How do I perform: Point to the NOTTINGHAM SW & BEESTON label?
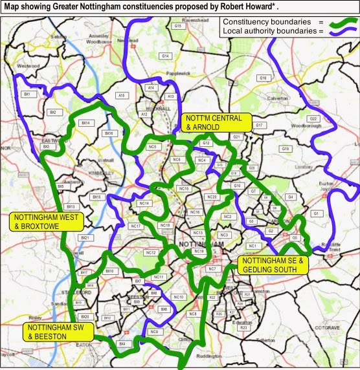(x=58, y=331)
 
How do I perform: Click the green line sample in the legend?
(x=340, y=21)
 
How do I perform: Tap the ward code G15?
(x=177, y=25)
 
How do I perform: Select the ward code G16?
(x=263, y=78)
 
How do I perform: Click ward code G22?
(x=313, y=119)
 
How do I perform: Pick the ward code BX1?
(x=28, y=94)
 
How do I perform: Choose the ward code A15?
(x=120, y=95)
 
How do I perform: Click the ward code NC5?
(x=152, y=147)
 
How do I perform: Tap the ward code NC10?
(x=179, y=297)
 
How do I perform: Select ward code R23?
(x=244, y=329)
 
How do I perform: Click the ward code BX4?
(x=122, y=343)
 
